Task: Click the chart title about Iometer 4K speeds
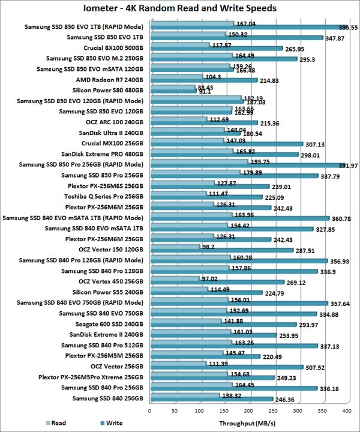pos(180,8)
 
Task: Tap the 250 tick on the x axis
pos(273,412)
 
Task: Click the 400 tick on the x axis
pos(347,412)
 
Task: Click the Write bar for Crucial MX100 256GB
pos(226,144)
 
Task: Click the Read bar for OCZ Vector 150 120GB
pos(174,247)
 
